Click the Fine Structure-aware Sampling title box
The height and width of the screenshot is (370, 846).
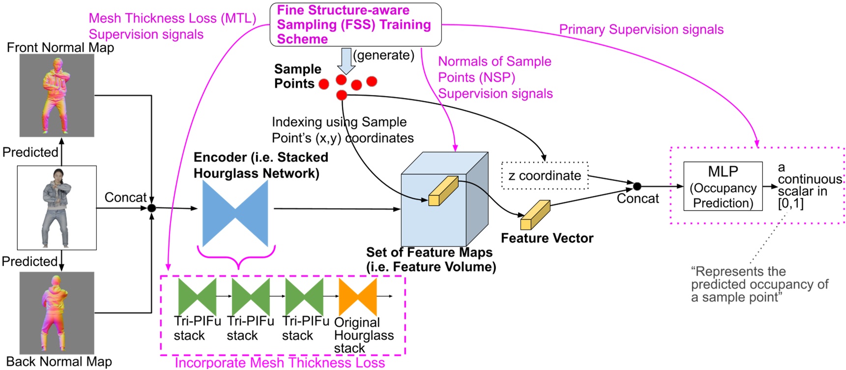[x=355, y=25]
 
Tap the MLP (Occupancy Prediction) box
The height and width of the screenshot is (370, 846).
[x=723, y=186]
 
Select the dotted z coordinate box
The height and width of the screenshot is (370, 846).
[x=545, y=176]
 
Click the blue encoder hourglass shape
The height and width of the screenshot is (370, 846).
[x=235, y=213]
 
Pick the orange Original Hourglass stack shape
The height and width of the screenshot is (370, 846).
[x=358, y=297]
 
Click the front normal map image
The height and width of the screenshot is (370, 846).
[x=57, y=95]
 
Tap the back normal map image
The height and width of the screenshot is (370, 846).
[x=57, y=313]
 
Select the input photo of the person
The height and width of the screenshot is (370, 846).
[x=57, y=208]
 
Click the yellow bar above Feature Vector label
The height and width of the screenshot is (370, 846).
[x=535, y=215]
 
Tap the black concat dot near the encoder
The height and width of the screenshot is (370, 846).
[x=151, y=208]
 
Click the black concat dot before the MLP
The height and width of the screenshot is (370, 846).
[x=637, y=186]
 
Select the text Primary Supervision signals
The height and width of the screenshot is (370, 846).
[x=641, y=30]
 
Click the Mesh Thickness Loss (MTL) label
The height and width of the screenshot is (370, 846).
[x=172, y=19]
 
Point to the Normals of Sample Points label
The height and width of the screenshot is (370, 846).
[x=495, y=77]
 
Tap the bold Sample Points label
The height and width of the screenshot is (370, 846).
[x=297, y=76]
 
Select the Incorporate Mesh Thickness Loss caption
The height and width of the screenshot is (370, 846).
[x=280, y=363]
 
